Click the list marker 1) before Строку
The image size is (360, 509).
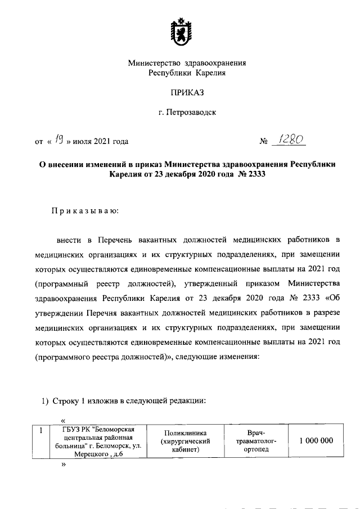point(46,401)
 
